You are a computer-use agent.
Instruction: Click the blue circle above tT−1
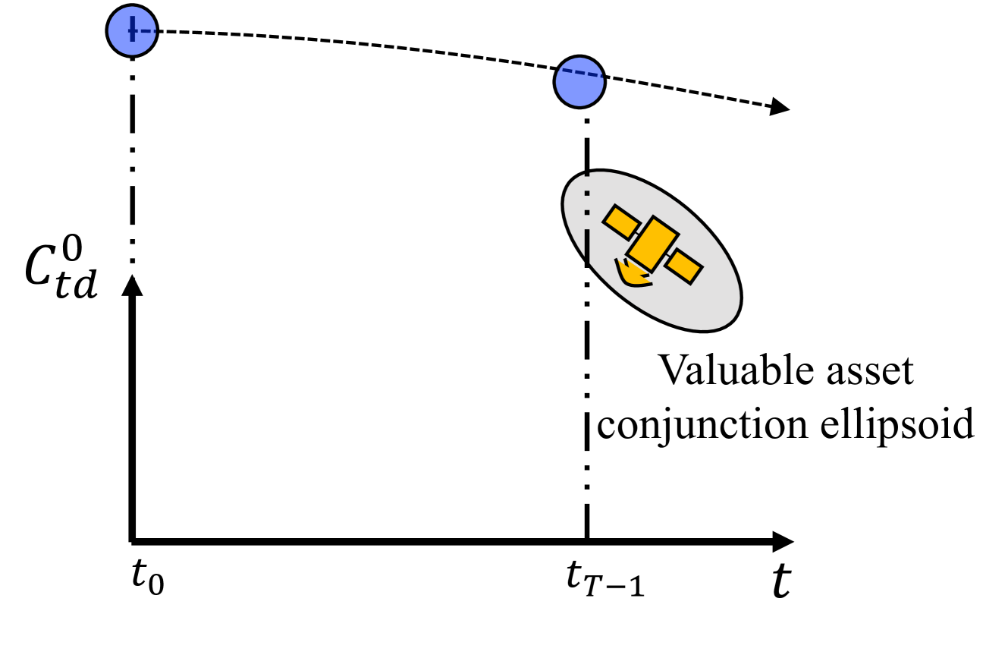click(x=579, y=80)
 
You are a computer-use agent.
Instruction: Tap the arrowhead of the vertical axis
click(x=133, y=285)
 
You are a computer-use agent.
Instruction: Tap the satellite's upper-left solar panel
click(x=620, y=221)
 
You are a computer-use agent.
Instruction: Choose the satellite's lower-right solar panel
click(x=684, y=266)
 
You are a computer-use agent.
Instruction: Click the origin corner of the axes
click(x=133, y=540)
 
